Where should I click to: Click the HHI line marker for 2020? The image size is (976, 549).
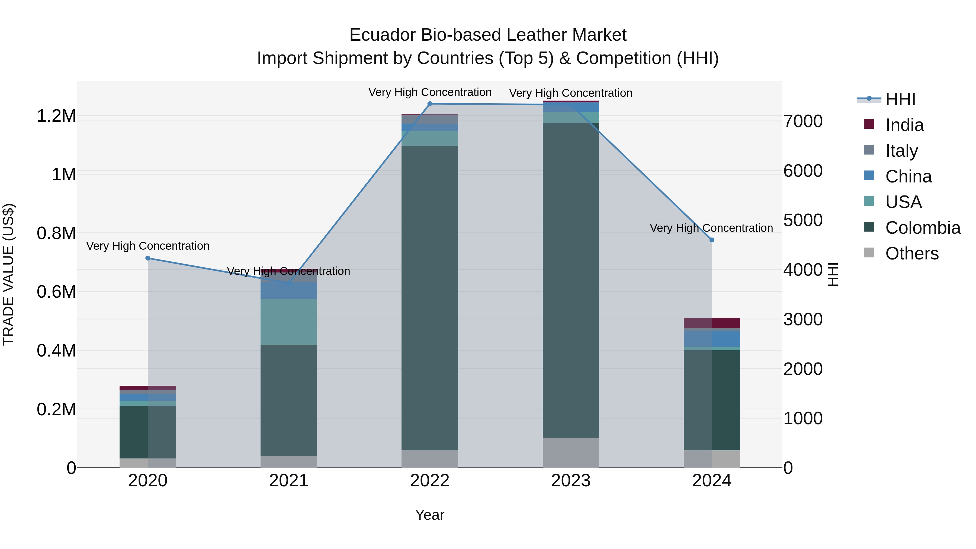(x=148, y=258)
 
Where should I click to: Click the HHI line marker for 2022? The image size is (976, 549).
(x=430, y=104)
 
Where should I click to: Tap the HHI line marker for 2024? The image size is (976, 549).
(x=712, y=240)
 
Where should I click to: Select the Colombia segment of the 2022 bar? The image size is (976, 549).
(x=430, y=297)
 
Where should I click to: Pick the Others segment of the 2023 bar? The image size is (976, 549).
(x=571, y=453)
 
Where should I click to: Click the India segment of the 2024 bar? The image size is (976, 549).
(x=712, y=323)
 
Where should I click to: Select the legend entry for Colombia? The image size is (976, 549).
(x=922, y=228)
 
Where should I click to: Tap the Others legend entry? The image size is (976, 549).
(x=911, y=253)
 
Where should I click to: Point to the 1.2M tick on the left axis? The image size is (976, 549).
(x=56, y=116)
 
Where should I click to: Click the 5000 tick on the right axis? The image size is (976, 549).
(x=803, y=220)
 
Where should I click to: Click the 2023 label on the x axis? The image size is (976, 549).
(x=571, y=481)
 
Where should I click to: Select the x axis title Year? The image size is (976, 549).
(x=430, y=515)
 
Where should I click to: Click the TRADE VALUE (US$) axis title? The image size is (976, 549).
(x=8, y=274)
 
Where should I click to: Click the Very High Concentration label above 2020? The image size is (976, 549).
(x=148, y=246)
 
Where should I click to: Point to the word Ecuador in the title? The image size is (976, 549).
(x=383, y=35)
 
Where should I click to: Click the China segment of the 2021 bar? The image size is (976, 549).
(x=289, y=290)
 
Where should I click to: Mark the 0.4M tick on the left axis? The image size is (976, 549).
(x=56, y=351)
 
